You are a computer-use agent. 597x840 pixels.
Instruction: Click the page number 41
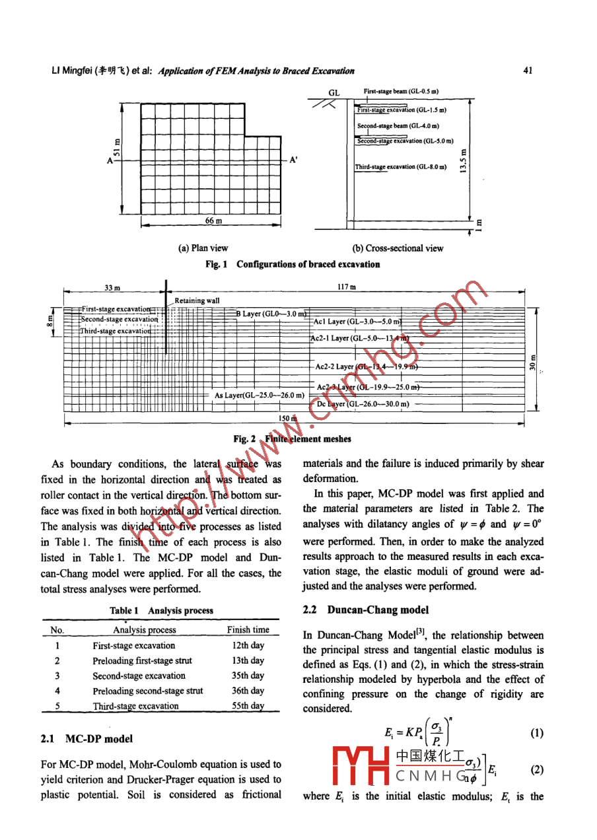tap(527, 71)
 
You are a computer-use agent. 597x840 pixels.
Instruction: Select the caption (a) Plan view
tap(203, 248)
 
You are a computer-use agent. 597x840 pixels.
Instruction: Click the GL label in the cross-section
tap(334, 94)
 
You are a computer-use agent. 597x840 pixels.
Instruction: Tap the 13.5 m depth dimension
tap(464, 160)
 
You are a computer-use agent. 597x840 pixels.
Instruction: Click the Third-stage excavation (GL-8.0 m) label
tap(400, 167)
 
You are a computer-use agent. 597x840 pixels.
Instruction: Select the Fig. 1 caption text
tap(293, 264)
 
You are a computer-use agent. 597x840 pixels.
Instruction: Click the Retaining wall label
tap(197, 300)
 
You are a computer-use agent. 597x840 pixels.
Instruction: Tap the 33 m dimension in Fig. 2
tap(112, 288)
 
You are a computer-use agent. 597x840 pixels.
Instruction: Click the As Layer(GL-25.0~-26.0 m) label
tap(259, 395)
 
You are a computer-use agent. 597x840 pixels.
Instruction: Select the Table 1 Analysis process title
tap(161, 611)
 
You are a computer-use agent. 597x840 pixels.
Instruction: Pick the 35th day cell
tap(248, 676)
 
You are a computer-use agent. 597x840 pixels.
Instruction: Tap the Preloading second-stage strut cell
tap(148, 691)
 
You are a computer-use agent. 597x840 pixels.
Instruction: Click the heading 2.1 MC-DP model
tap(87, 738)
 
